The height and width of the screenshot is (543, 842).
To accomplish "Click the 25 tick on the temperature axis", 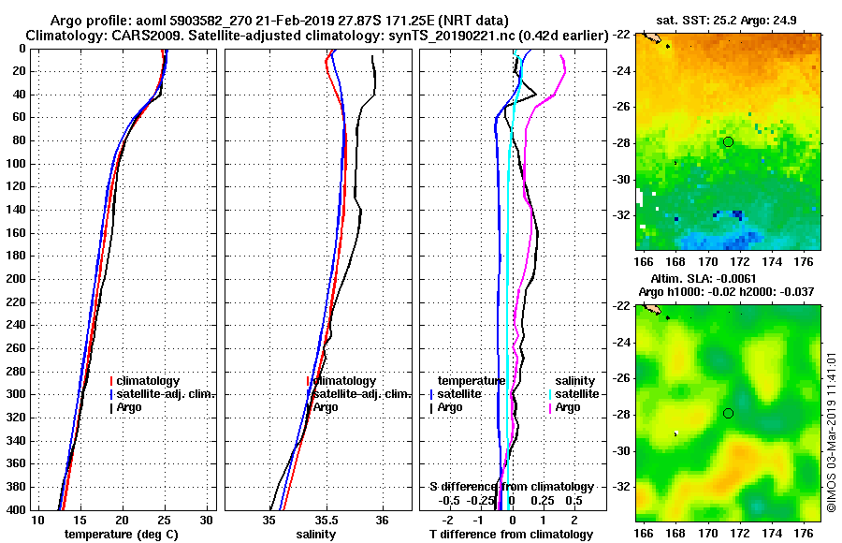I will point(165,520).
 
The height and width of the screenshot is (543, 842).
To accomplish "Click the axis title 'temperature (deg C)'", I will point(122,534).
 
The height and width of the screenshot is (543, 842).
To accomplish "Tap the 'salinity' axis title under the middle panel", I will point(317,534).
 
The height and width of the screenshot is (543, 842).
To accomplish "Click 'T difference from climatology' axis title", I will point(511,534).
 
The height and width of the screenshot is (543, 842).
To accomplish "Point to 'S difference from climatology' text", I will point(511,487).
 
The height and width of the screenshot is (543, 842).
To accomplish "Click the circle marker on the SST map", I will point(728,141).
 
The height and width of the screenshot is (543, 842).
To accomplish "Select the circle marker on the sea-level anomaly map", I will point(728,413).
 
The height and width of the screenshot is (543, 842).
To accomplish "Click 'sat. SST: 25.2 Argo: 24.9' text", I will point(730,19).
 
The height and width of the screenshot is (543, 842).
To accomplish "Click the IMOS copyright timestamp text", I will point(831,427).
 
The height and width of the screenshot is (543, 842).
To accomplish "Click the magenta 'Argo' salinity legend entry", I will point(567,407).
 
